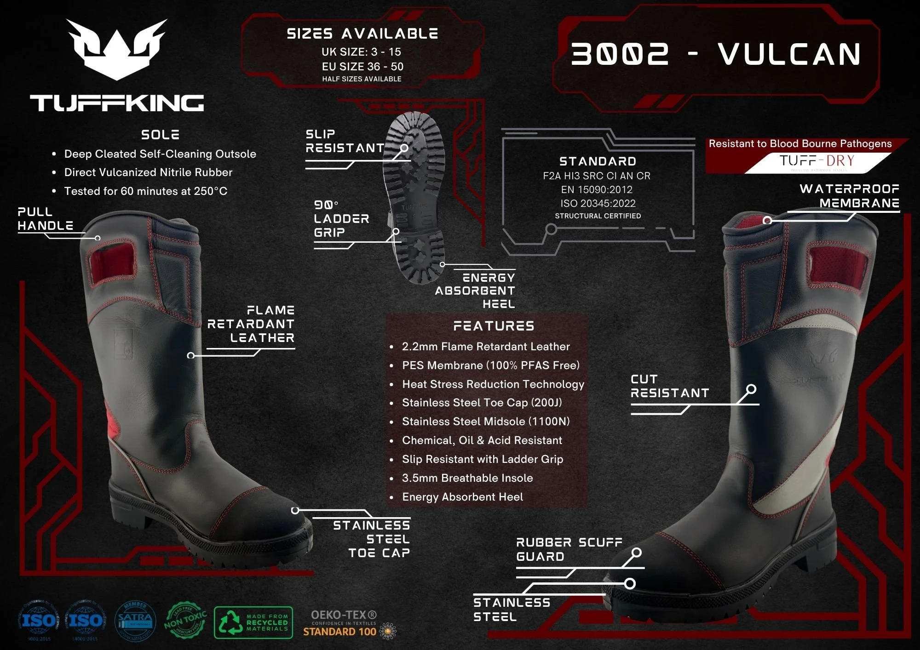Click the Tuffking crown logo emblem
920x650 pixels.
[x=117, y=49]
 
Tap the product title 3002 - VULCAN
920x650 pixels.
[x=716, y=54]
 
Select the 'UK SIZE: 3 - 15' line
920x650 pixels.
[x=361, y=52]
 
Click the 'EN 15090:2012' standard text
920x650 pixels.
[x=597, y=189]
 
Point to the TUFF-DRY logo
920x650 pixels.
[x=816, y=161]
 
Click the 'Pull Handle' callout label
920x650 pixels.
[x=45, y=219]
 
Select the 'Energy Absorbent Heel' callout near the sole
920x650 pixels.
[x=476, y=291]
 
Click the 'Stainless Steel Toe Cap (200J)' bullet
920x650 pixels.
[x=482, y=403]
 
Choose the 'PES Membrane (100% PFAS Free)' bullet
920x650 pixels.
[x=490, y=365]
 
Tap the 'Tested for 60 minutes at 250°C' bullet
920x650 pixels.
[x=145, y=191]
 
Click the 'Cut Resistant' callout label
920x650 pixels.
[x=669, y=386]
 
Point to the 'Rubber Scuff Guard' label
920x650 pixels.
[x=569, y=549]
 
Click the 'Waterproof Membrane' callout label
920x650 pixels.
[x=849, y=196]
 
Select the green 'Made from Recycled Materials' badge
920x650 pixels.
[x=253, y=623]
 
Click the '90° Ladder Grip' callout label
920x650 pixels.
[x=341, y=219]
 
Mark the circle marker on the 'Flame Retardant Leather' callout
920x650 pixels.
[x=191, y=355]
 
